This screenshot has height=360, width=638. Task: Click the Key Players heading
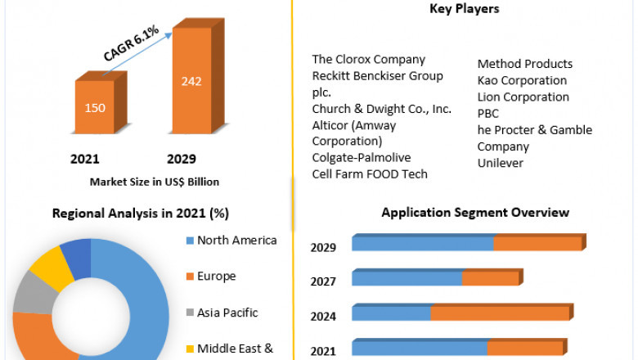pos(464,9)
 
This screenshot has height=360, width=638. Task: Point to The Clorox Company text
pos(368,59)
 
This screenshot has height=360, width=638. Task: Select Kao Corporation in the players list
pos(522,80)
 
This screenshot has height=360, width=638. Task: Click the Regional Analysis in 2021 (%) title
pos(141,214)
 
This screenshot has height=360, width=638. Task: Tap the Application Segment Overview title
pos(475,213)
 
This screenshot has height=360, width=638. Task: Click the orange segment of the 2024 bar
pos(499,313)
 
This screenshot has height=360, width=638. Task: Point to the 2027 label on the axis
pos(323,281)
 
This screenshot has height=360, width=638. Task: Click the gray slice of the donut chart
pos(30,291)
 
